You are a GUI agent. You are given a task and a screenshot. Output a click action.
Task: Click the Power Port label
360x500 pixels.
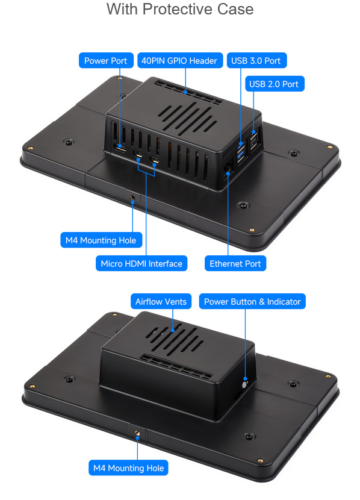(106, 61)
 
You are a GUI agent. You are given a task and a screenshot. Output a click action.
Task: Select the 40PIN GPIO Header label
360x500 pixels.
(180, 61)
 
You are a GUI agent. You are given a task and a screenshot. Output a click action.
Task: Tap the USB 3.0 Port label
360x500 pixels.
(257, 61)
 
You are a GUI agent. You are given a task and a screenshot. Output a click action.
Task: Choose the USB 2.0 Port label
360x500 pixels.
(275, 84)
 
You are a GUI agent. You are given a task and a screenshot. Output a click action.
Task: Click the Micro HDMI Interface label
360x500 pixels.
(141, 263)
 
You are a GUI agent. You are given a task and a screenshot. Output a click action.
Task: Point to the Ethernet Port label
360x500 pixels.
(235, 263)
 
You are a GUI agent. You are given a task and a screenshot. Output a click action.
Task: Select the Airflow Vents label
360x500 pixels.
(161, 301)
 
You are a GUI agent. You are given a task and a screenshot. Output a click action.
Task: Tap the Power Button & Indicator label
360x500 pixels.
(252, 301)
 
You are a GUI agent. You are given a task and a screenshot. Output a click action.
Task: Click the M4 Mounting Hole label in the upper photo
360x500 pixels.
(101, 240)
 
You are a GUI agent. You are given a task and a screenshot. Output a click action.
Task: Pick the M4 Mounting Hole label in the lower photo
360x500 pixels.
(128, 468)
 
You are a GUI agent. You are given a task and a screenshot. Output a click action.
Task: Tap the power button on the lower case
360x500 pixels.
(244, 384)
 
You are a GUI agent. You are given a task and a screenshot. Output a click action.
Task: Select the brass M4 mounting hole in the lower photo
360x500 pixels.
(137, 433)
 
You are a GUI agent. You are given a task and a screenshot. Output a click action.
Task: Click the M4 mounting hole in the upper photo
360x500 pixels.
(132, 198)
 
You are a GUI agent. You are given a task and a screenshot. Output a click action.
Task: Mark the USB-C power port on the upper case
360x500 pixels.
(120, 149)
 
